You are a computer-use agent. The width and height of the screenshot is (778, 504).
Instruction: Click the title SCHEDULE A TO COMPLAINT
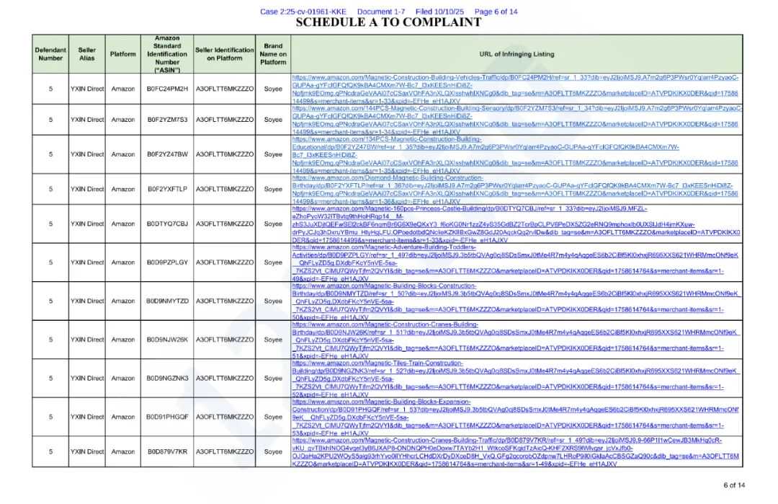(x=388, y=22)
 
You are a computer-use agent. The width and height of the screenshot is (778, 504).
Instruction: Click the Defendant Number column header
(x=50, y=54)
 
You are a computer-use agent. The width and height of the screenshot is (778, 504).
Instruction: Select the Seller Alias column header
(x=86, y=54)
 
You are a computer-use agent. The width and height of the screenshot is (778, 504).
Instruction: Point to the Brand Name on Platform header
(x=273, y=54)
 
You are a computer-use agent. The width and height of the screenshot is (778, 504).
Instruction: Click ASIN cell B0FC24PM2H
(x=167, y=89)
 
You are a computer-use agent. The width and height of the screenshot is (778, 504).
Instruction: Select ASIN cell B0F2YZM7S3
(x=167, y=120)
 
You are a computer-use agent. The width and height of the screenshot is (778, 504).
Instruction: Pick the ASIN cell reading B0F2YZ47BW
(x=167, y=154)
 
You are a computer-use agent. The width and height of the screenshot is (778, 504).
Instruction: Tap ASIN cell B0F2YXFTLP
(x=167, y=189)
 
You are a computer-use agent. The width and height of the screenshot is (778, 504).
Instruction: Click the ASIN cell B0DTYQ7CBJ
(x=167, y=224)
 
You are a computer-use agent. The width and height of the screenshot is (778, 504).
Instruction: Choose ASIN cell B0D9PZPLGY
(x=167, y=262)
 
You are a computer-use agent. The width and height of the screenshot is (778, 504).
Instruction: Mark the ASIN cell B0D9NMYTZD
(x=167, y=301)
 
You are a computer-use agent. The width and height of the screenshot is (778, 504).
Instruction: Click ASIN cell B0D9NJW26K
(x=167, y=340)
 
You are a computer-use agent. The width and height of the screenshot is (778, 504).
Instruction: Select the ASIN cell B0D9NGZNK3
(x=167, y=378)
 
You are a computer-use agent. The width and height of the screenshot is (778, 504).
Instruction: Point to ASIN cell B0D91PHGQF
(x=167, y=417)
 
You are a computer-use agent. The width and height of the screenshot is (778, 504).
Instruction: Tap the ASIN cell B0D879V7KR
(x=167, y=452)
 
